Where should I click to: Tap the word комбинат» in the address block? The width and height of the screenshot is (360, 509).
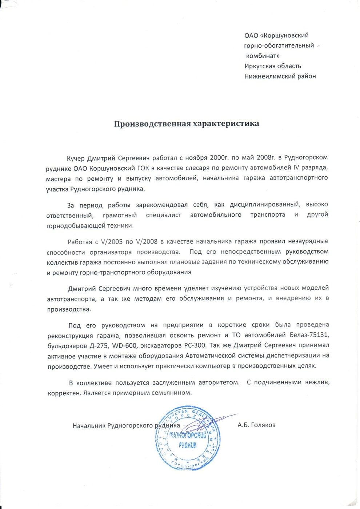(263, 56)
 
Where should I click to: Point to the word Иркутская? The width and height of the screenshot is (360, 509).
(257, 66)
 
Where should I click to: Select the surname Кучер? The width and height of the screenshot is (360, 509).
(76, 158)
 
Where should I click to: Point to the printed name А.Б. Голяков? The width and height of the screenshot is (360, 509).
(256, 425)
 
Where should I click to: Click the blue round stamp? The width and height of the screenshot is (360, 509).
(188, 439)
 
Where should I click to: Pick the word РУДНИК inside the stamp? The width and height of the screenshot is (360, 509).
(188, 445)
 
